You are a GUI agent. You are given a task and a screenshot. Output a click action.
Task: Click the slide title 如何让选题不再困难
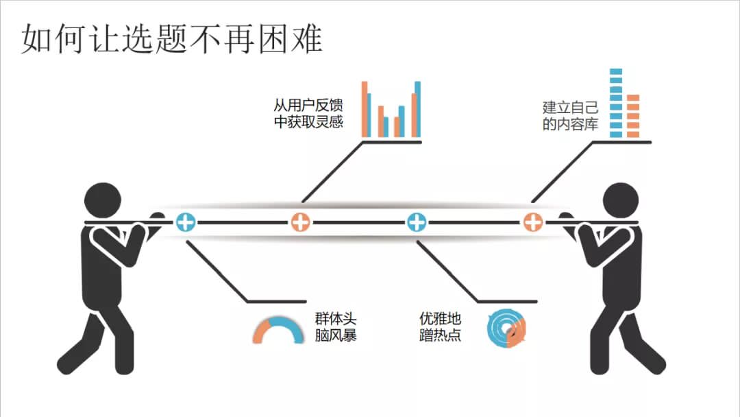point(171,40)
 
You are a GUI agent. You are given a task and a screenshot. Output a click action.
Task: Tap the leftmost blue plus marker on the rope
point(186,222)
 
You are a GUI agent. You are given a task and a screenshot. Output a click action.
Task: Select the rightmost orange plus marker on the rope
point(533,222)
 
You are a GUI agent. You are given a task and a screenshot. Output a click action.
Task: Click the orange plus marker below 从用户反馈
point(300,222)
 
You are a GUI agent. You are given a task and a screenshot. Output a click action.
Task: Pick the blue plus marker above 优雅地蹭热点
point(417,222)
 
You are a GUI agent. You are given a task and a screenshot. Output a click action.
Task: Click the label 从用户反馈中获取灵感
point(308,114)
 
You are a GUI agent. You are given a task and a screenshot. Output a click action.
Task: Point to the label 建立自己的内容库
point(570,116)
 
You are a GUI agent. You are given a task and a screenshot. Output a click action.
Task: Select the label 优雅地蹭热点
point(440,327)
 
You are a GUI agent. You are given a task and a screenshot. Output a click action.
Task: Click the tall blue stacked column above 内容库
point(615,103)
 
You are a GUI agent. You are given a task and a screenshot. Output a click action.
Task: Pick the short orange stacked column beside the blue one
point(632,116)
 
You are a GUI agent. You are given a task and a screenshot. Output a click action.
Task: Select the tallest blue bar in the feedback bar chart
point(417,109)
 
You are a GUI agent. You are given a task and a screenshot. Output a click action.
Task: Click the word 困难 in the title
point(295,40)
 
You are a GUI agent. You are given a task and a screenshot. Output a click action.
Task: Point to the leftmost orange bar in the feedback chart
point(365,109)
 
